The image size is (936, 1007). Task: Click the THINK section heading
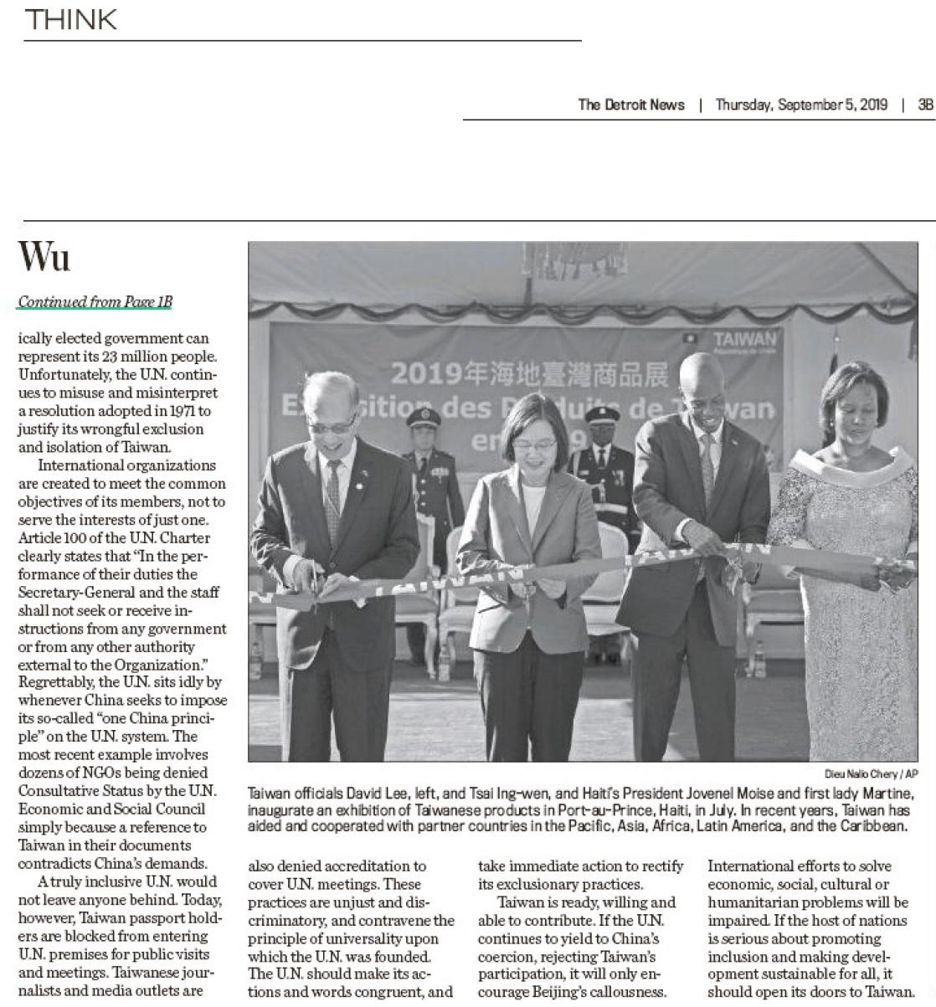[71, 19]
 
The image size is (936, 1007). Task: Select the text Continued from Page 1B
[95, 302]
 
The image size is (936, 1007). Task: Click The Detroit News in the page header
[631, 105]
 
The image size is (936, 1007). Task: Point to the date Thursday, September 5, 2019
[801, 105]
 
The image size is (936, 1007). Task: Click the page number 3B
[925, 105]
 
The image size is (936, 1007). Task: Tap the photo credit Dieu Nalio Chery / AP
[871, 774]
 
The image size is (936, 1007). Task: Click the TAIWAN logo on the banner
[745, 339]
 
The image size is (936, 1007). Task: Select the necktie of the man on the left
[333, 494]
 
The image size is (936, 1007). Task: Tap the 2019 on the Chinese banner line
[424, 372]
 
